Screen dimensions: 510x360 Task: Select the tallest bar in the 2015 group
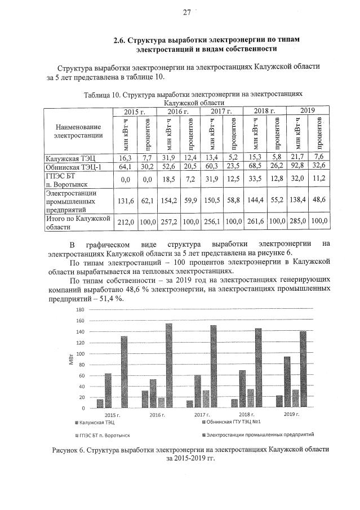click(123, 371)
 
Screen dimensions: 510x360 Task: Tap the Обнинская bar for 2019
click(287, 382)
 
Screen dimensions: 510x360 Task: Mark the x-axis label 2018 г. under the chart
click(246, 415)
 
